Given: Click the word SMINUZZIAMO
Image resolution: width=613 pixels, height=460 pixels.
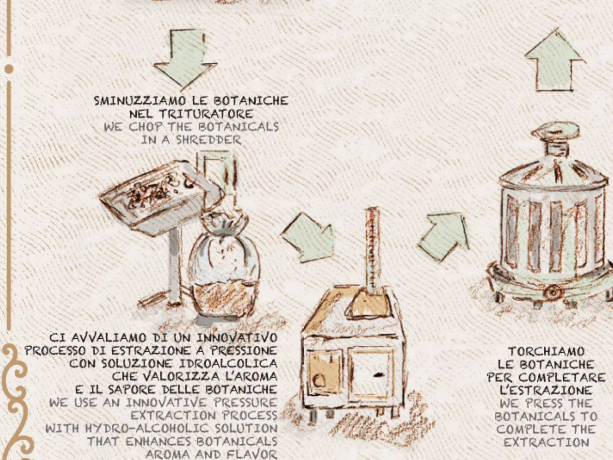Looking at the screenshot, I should (140, 101).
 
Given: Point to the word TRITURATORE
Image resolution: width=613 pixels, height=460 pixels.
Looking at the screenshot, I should (206, 114).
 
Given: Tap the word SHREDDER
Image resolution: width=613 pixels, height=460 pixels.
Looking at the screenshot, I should (209, 140).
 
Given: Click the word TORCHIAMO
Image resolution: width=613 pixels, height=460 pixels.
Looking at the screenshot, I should (546, 351).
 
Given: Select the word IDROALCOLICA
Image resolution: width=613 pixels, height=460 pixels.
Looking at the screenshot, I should (228, 364).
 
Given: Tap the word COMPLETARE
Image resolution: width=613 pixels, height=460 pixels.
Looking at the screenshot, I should (562, 378).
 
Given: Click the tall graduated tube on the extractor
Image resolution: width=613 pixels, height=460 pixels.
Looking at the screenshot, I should (372, 249).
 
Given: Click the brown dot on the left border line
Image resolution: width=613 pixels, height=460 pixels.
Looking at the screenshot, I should (9, 69).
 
